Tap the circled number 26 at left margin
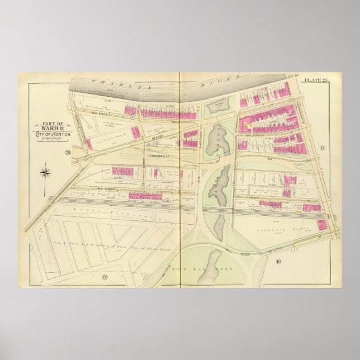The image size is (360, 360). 67,152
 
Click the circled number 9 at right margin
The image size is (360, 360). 323,148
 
